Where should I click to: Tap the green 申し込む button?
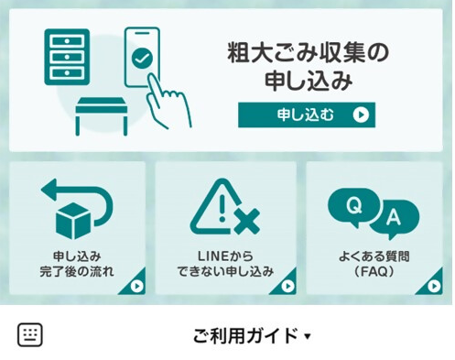coord(307,115)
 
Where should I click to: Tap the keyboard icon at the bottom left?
coord(30,334)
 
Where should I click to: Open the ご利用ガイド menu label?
coord(245,335)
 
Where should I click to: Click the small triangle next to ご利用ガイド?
coord(308,336)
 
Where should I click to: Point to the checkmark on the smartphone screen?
coord(141,59)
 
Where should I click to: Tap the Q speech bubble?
coord(352,206)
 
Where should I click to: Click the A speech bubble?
coord(394,218)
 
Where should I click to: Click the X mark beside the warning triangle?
coord(246,220)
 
